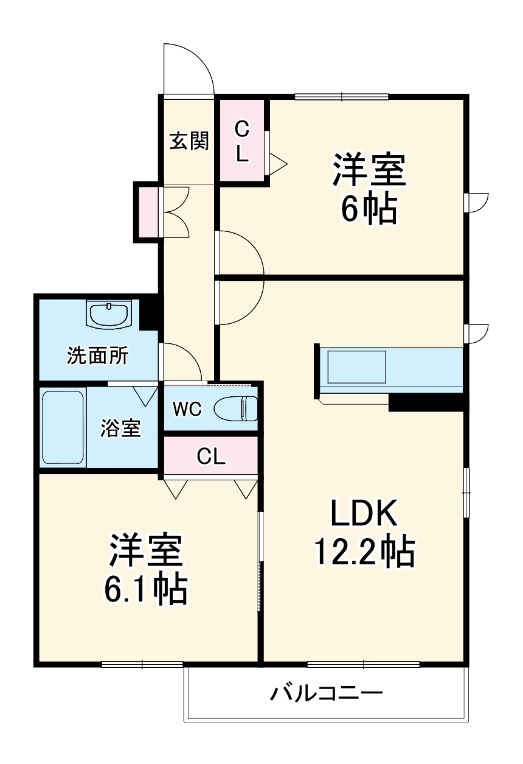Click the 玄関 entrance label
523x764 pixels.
click(x=189, y=141)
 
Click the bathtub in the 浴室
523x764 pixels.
click(x=62, y=427)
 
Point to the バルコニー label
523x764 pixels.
click(x=327, y=693)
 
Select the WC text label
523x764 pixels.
click(x=186, y=409)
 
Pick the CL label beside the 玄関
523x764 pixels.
click(x=242, y=141)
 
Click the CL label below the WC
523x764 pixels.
click(x=211, y=457)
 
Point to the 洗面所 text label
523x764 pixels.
click(x=97, y=356)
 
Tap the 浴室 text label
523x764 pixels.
click(x=120, y=428)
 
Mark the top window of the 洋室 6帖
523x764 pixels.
click(x=341, y=96)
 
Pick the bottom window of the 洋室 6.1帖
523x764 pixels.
click(x=142, y=664)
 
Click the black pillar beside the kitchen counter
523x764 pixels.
click(x=428, y=402)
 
